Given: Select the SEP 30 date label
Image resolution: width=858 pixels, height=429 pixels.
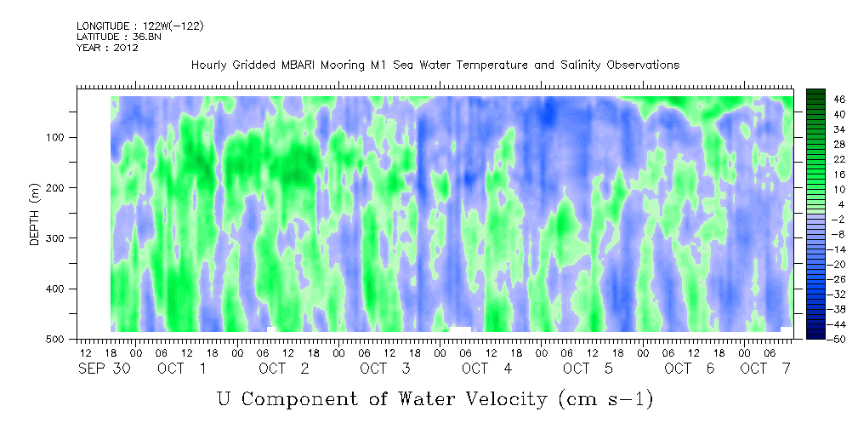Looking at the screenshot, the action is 104,369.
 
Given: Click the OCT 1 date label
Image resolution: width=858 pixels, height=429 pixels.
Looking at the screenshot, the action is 182,369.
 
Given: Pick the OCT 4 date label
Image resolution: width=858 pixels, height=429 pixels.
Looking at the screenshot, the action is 486,369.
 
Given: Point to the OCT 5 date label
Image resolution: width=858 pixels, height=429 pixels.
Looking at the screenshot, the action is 588,369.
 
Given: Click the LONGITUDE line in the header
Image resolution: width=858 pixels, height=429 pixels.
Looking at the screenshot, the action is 140,26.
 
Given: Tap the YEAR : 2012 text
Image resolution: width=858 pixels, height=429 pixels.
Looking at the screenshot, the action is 107,48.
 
